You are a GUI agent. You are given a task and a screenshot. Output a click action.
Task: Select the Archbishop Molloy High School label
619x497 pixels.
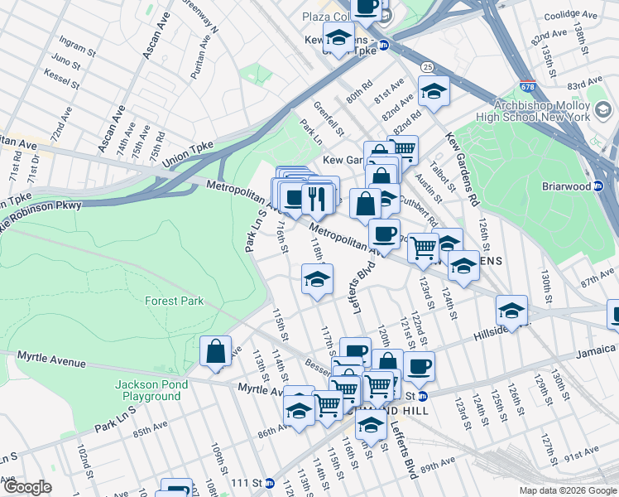[x=540, y=111]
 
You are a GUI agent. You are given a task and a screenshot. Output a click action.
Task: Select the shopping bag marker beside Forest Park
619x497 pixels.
[x=216, y=351]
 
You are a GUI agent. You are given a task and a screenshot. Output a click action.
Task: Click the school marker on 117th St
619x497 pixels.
[x=317, y=280]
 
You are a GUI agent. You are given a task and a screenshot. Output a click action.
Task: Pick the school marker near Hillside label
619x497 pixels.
[x=512, y=311]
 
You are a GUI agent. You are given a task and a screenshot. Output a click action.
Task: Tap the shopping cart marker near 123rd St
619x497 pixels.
[x=424, y=247]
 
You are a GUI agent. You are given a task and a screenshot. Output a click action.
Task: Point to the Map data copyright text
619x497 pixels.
[x=568, y=490]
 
